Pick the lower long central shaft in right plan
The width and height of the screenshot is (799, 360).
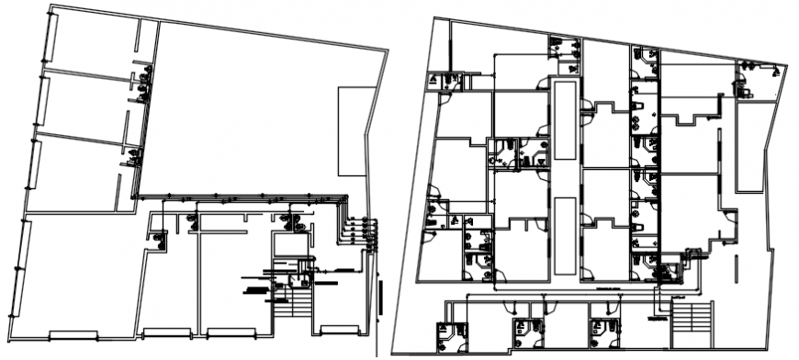(566, 234)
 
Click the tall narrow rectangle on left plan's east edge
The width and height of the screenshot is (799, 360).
(351, 130)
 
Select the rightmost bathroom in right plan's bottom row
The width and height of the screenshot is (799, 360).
(602, 332)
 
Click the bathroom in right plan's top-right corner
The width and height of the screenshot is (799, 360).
(758, 81)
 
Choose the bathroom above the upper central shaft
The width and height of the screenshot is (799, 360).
(564, 55)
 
